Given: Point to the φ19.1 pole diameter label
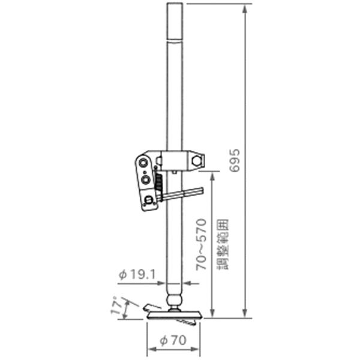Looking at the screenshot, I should pyautogui.click(x=137, y=274).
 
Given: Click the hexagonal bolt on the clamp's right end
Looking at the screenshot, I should pyautogui.click(x=197, y=161).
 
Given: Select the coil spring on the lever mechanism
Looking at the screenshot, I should pyautogui.click(x=159, y=182).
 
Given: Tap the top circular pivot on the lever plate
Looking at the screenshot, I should pyautogui.click(x=143, y=163).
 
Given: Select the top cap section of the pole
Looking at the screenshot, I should pyautogui.click(x=174, y=21).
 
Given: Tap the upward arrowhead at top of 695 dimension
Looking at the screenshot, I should pyautogui.click(x=244, y=8).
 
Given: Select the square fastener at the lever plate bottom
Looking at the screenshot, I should pyautogui.click(x=149, y=200).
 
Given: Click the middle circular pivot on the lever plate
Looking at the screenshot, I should pyautogui.click(x=145, y=178).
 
